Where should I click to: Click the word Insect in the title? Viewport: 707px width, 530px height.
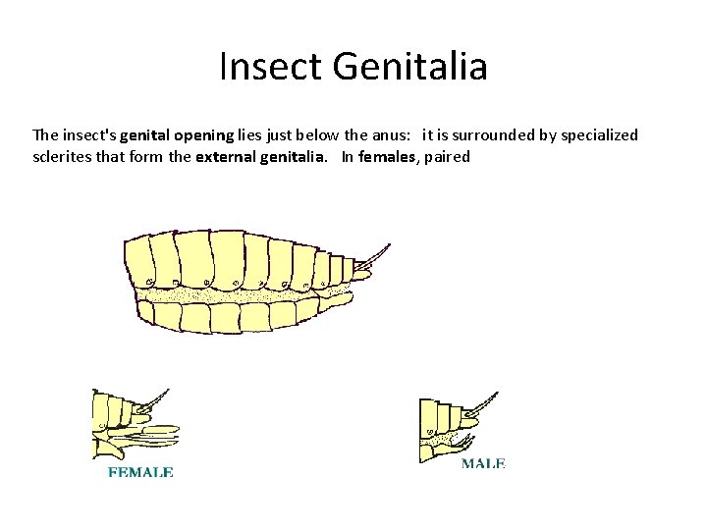pyautogui.click(x=271, y=67)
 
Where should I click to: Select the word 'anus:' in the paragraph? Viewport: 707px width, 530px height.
pyautogui.click(x=384, y=134)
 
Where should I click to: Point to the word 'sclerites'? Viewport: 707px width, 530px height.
pyautogui.click(x=60, y=156)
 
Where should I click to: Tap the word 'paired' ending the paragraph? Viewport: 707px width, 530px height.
pyautogui.click(x=448, y=156)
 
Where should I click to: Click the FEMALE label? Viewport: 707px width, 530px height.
pyautogui.click(x=139, y=472)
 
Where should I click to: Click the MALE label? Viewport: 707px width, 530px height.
pyautogui.click(x=483, y=462)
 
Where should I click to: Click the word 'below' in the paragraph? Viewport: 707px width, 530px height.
pyautogui.click(x=306, y=134)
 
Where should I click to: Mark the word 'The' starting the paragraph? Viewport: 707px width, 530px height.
pyautogui.click(x=45, y=134)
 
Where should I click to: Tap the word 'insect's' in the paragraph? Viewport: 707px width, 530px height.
pyautogui.click(x=88, y=134)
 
